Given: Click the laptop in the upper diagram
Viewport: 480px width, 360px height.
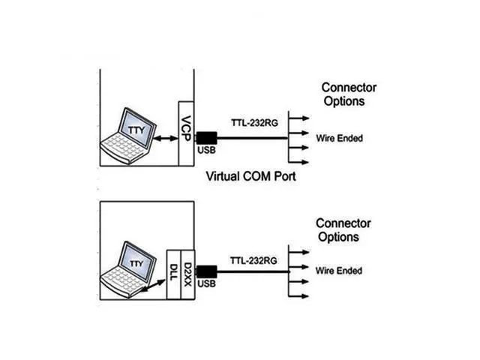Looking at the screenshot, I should tap(131, 136).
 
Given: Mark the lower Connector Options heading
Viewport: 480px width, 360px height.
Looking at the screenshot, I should tap(343, 230).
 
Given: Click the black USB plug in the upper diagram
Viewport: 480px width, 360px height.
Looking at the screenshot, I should tap(205, 138).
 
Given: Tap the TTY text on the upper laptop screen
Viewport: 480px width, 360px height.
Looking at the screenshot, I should tap(136, 129).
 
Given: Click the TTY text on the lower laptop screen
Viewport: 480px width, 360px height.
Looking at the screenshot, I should tap(135, 263).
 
